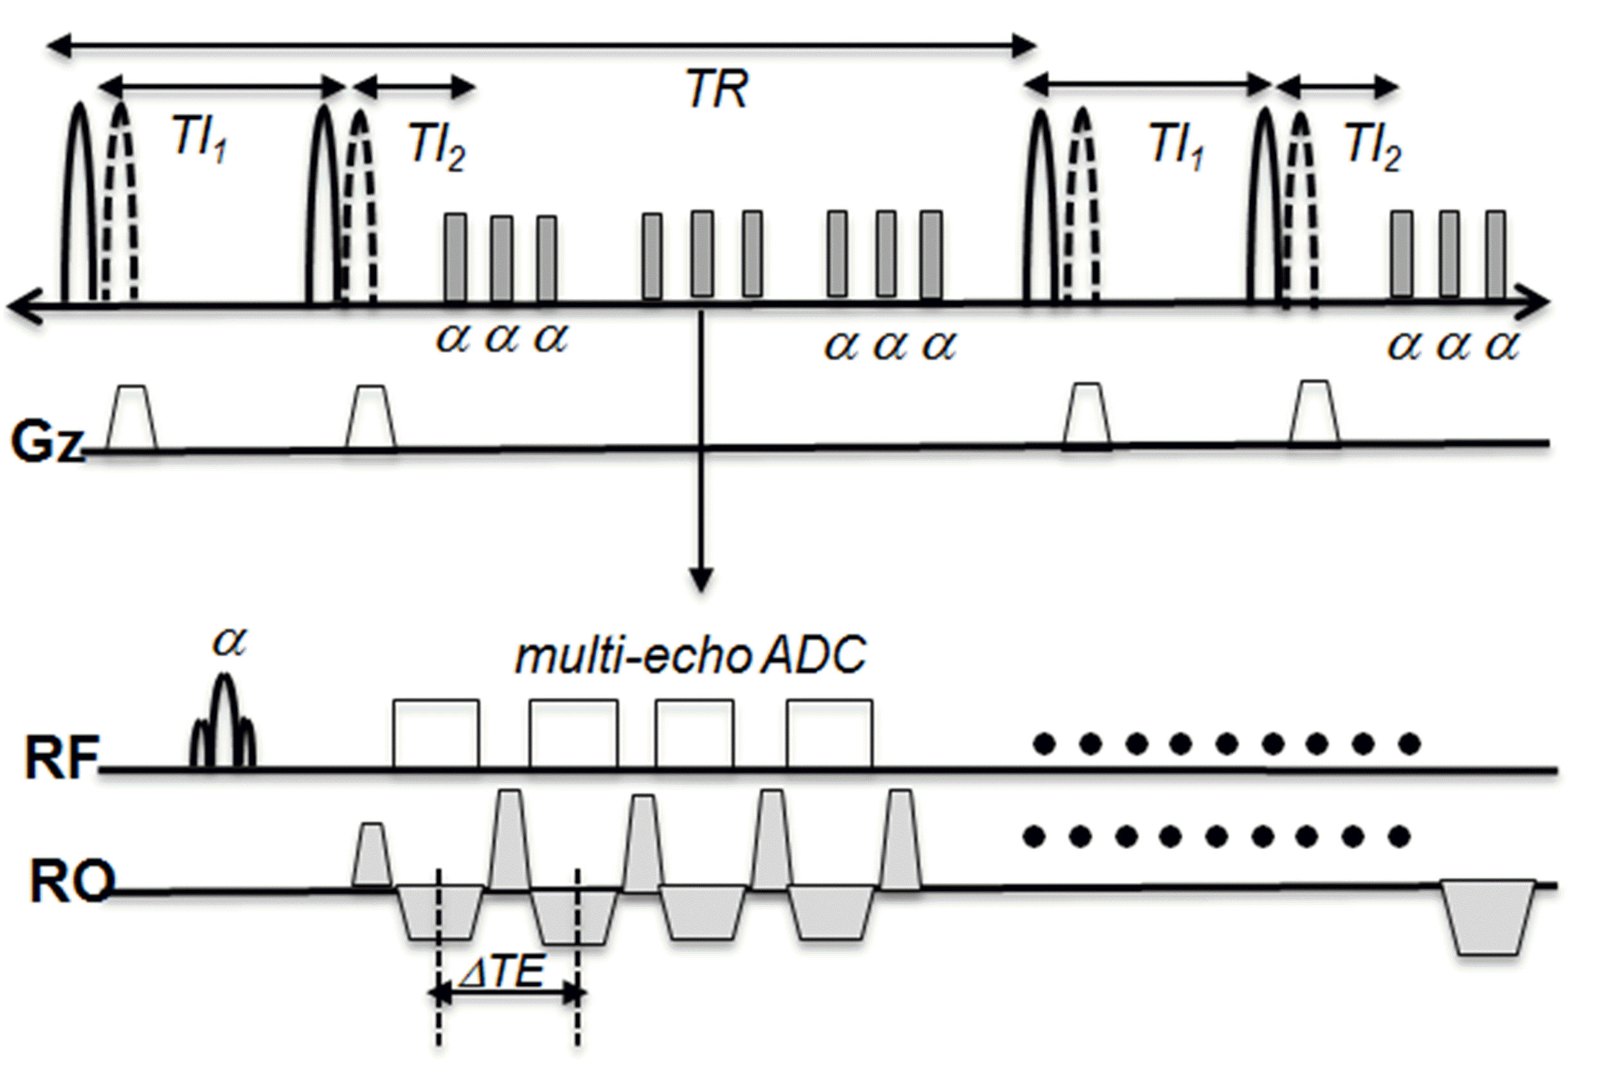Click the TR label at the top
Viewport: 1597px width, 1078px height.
click(x=717, y=91)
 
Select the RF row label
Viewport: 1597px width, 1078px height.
click(x=60, y=758)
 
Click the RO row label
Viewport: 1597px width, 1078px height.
click(x=70, y=882)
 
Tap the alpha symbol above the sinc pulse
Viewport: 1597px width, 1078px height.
click(x=230, y=641)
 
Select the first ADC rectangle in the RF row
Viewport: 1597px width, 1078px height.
click(x=436, y=733)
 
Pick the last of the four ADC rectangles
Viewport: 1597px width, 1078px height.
click(x=829, y=733)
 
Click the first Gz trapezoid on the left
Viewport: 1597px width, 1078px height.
click(x=132, y=419)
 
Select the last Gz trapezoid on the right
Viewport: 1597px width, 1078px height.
click(x=1315, y=415)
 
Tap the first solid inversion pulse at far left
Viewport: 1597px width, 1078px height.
click(x=79, y=206)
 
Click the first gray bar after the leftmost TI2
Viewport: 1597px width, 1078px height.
click(x=455, y=258)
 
